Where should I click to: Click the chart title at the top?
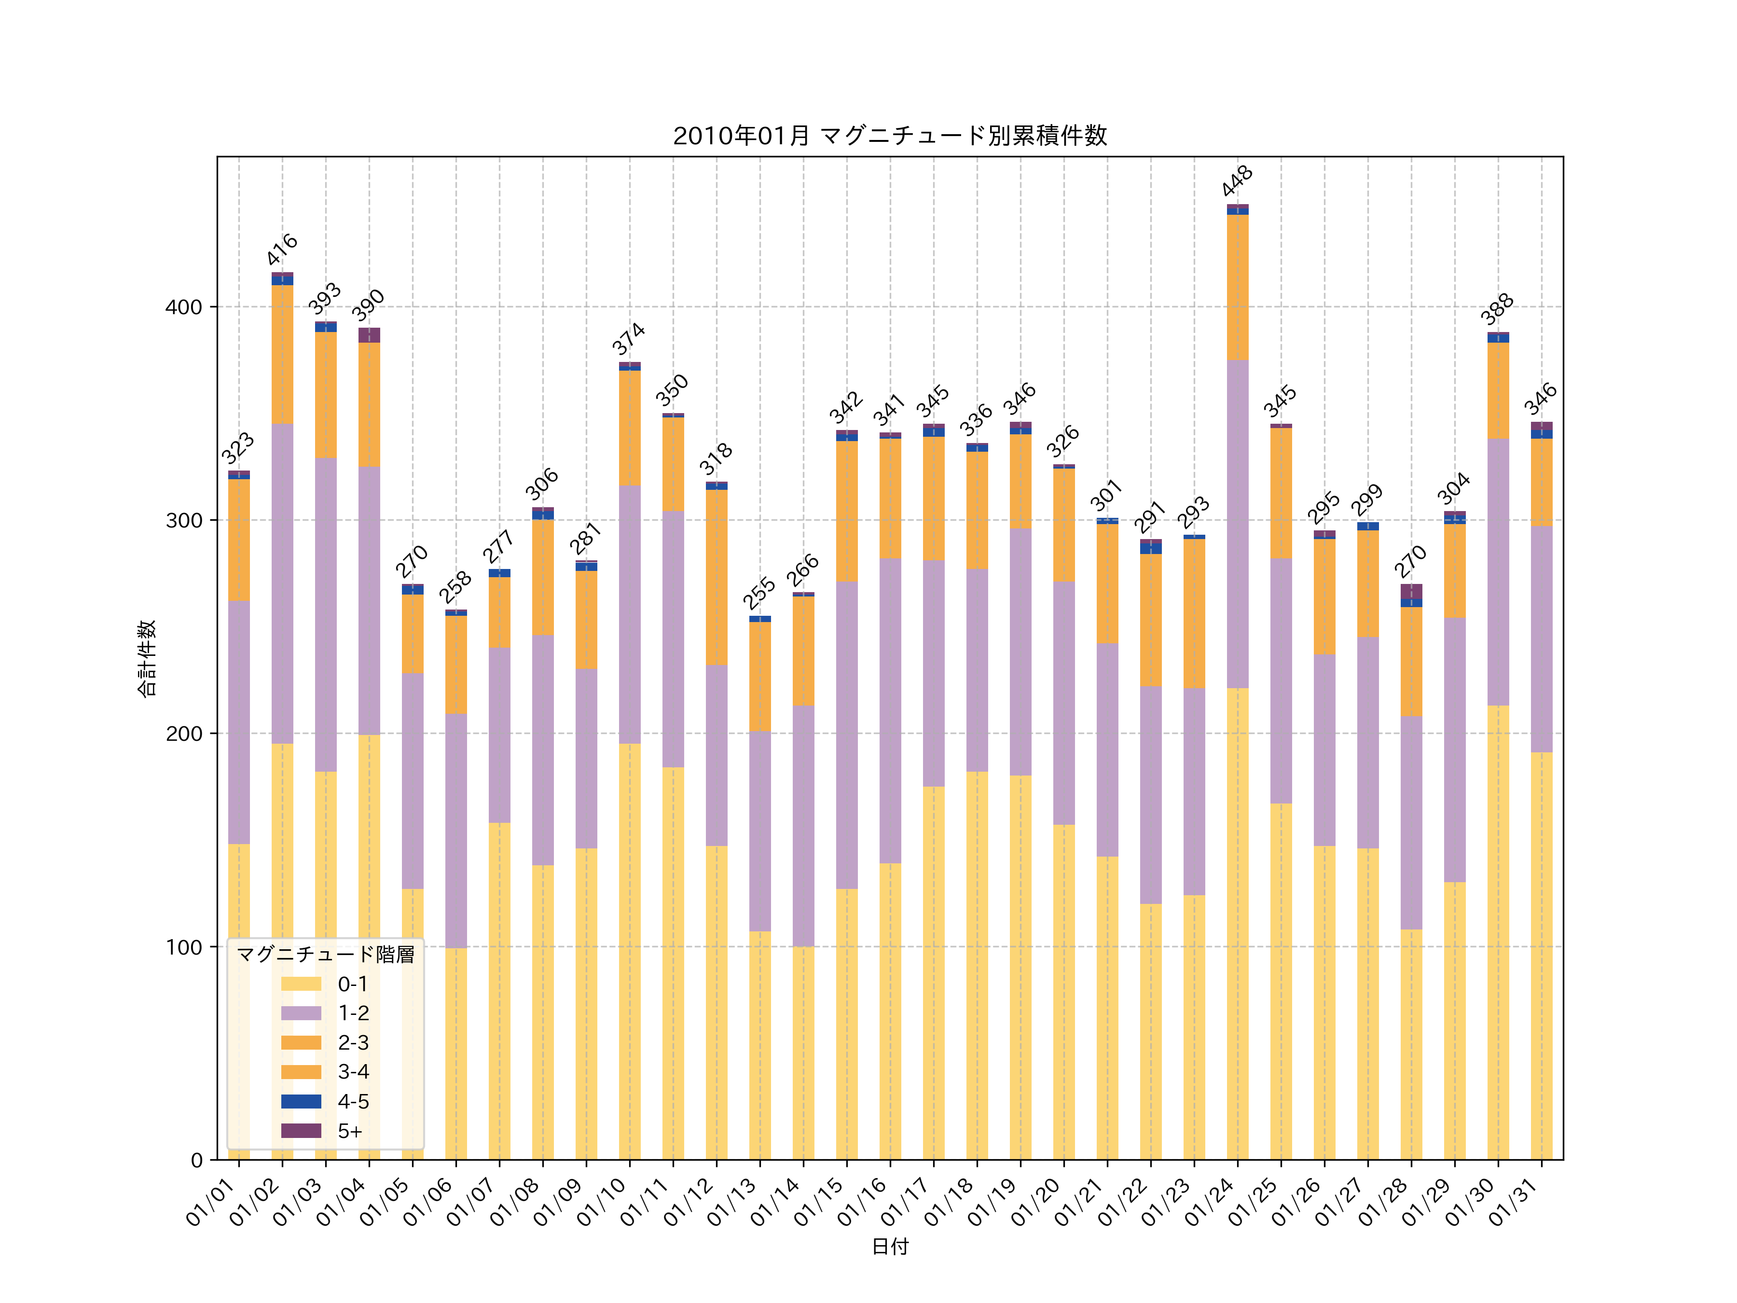click(x=890, y=136)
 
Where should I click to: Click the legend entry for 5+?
click(x=349, y=1131)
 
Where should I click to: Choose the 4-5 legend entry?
click(x=353, y=1101)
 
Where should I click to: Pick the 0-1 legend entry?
click(x=353, y=984)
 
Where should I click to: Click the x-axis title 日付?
click(x=890, y=1247)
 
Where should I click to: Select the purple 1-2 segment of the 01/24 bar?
click(x=1238, y=524)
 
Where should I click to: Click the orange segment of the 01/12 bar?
click(x=716, y=577)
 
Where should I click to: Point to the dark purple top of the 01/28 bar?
click(x=1411, y=591)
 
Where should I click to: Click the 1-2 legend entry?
click(x=353, y=1013)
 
